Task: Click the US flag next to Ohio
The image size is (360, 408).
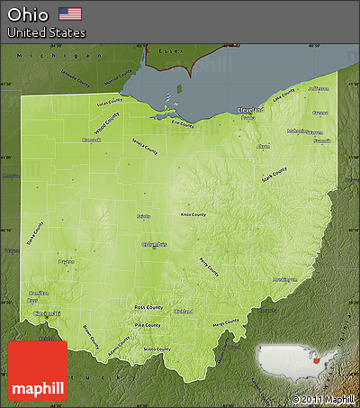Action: pyautogui.click(x=69, y=14)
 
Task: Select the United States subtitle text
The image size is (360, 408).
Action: pyautogui.click(x=47, y=32)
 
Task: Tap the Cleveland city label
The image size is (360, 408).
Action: pyautogui.click(x=251, y=110)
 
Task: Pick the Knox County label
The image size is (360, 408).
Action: pyautogui.click(x=193, y=214)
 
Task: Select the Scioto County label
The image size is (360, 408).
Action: pyautogui.click(x=157, y=349)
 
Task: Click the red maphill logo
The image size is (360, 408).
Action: pyautogui.click(x=37, y=371)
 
